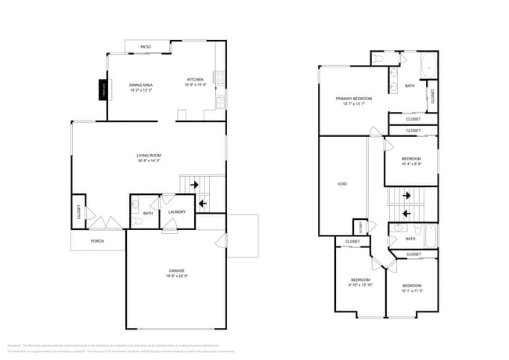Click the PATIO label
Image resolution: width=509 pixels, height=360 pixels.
tap(146, 47)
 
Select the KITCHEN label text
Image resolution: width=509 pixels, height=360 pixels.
tap(195, 79)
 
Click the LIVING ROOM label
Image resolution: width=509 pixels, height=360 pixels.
tap(149, 155)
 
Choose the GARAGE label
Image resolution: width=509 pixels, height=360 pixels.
tap(176, 271)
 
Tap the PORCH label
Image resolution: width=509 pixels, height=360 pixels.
tap(97, 241)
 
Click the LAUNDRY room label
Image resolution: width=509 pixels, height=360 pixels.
tap(176, 211)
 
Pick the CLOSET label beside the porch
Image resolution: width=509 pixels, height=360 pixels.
tap(79, 211)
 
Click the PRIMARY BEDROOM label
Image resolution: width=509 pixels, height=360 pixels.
tap(353, 98)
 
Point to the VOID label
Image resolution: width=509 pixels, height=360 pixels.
tap(342, 184)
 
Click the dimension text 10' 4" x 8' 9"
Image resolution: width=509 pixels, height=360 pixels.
tap(411, 164)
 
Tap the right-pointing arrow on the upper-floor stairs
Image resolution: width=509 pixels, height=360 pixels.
tap(406, 196)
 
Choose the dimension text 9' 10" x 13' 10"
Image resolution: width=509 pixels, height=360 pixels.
tap(360, 286)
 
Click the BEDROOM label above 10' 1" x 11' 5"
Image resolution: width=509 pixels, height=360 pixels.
tap(411, 285)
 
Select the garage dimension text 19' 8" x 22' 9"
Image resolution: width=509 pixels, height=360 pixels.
tap(176, 276)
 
